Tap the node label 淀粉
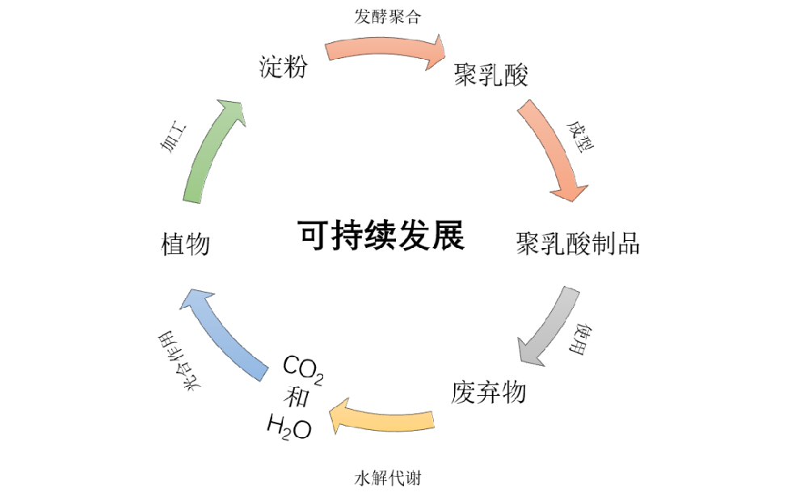click(x=283, y=67)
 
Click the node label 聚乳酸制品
click(x=578, y=242)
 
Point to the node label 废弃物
click(x=488, y=393)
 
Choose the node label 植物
click(x=186, y=243)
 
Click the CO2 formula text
click(x=303, y=370)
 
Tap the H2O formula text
click(x=288, y=425)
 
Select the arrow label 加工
click(x=172, y=138)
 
